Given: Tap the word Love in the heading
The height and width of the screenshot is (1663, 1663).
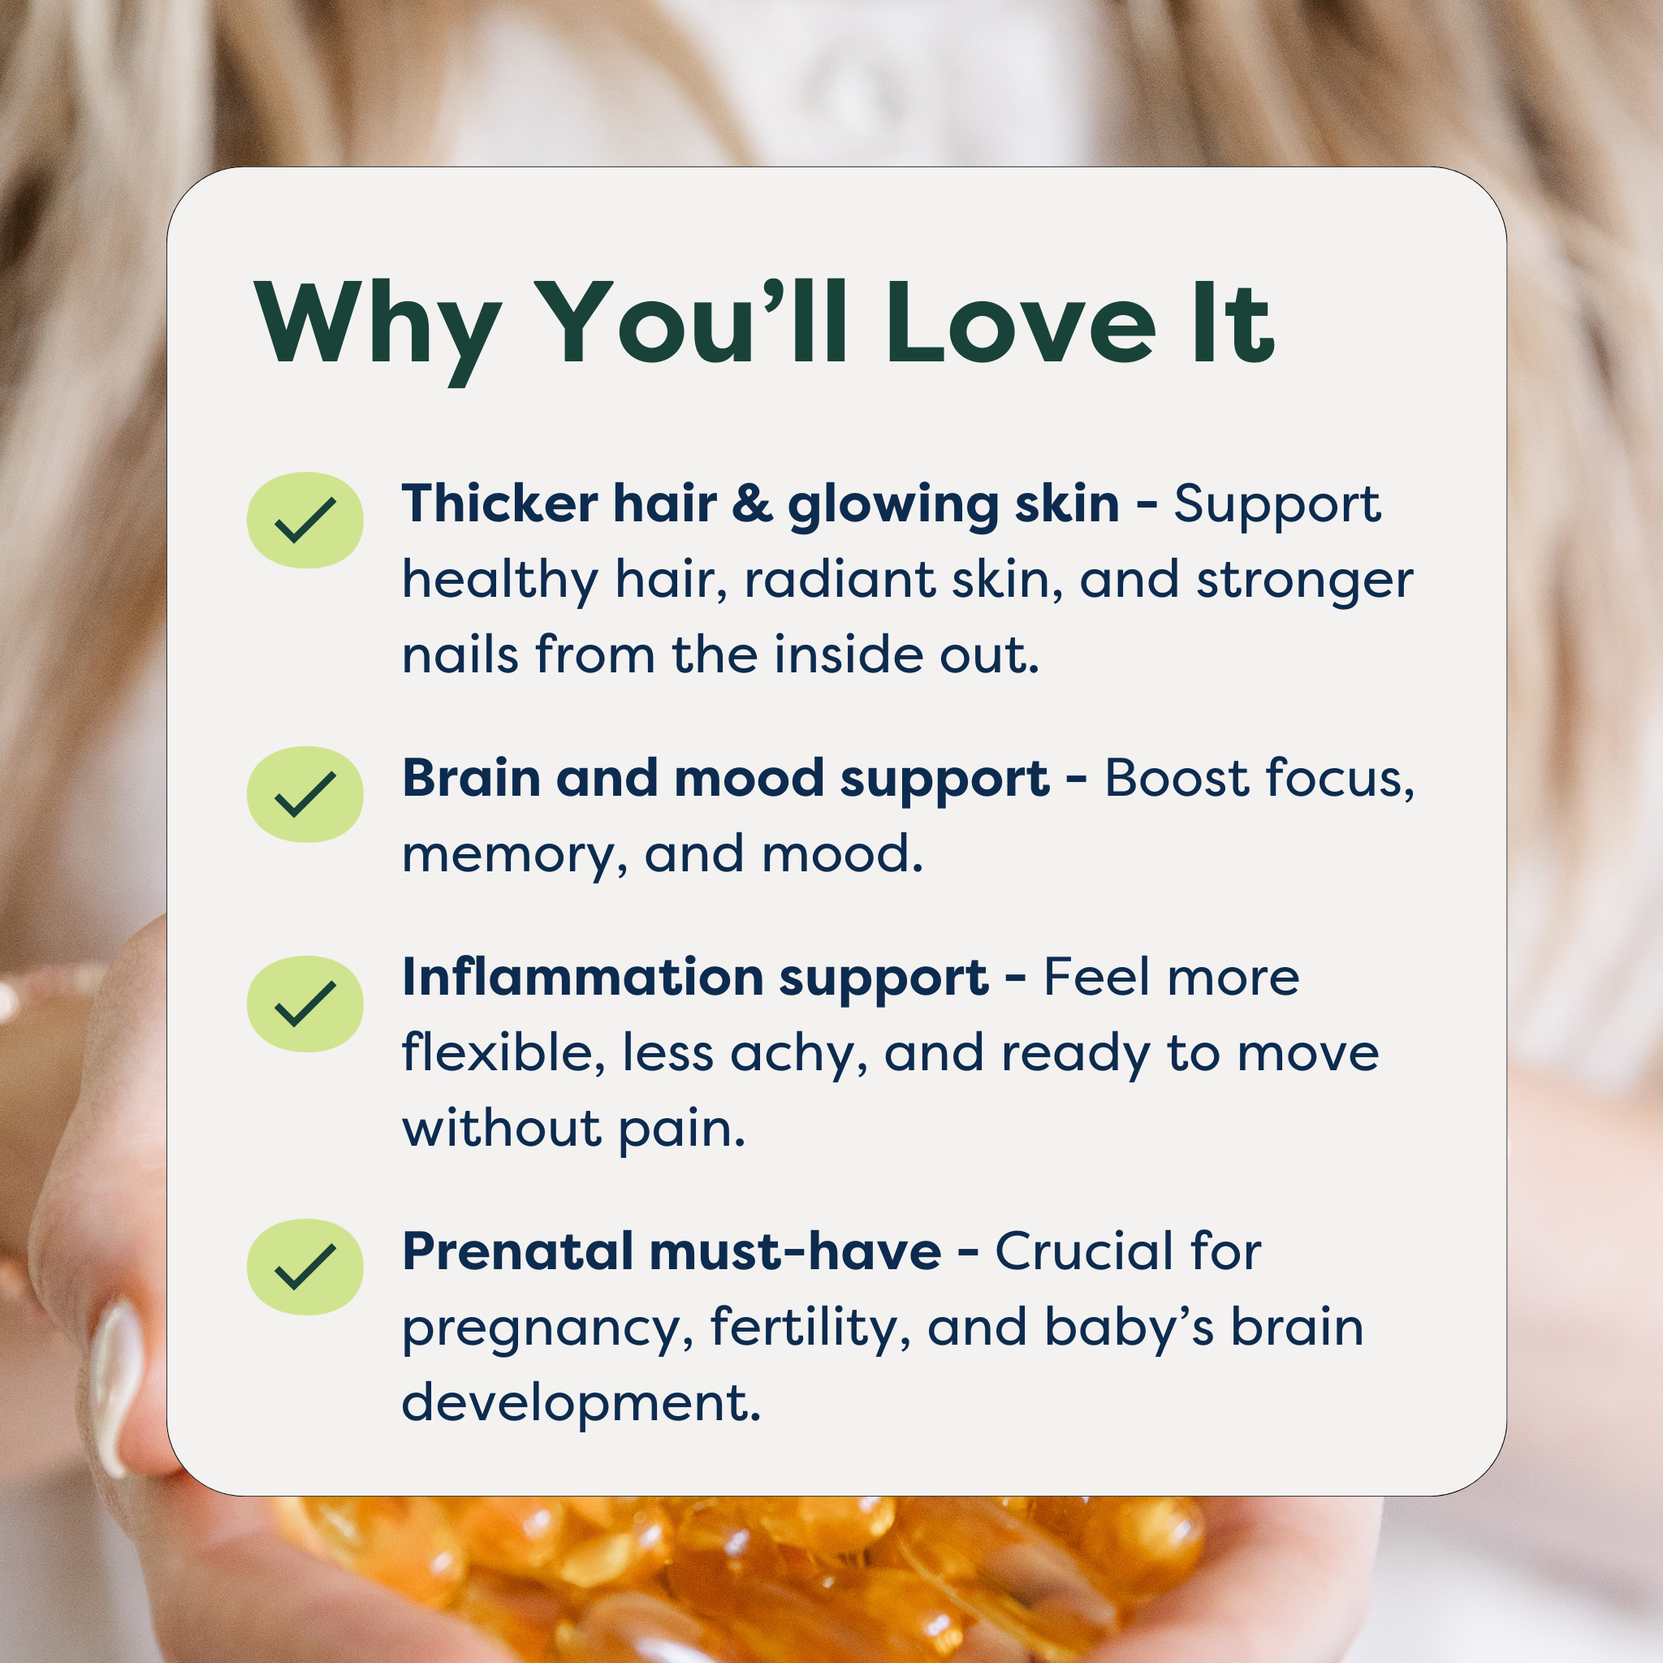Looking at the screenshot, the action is click(1019, 324).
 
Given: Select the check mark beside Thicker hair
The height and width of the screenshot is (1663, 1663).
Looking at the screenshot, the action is click(305, 520).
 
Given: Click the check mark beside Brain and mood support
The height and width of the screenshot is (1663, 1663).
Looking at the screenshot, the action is click(305, 793).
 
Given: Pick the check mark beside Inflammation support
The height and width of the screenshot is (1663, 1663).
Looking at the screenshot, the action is click(305, 1004).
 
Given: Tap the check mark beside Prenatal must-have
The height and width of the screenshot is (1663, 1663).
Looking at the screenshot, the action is click(305, 1266).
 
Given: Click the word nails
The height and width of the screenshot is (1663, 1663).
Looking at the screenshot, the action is click(460, 654).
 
